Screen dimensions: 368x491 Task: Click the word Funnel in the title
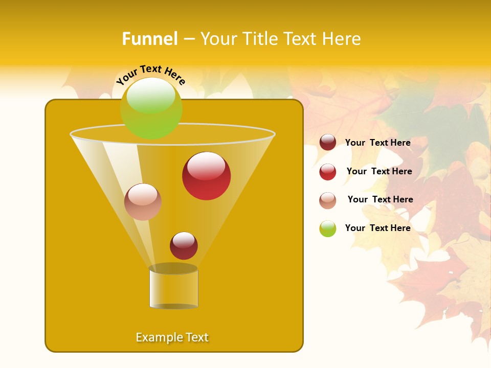(150, 39)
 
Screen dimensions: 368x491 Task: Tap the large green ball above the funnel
(151, 108)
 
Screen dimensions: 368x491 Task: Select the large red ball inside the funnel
(206, 176)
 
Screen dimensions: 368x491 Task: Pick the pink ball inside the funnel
(143, 202)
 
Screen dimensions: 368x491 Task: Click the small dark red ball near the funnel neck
(184, 245)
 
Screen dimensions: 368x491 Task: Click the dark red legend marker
(328, 143)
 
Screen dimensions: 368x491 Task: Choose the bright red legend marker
(328, 172)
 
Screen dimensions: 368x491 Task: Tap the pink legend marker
(328, 200)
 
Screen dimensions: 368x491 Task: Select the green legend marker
(328, 228)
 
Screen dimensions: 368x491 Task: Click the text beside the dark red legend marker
(377, 143)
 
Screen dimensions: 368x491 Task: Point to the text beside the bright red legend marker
(379, 171)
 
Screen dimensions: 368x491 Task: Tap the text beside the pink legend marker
(380, 199)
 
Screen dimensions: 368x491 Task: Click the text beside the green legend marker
(377, 228)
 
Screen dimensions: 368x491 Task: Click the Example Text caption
(172, 337)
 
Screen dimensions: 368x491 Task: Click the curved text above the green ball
(151, 74)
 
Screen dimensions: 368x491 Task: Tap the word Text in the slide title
(302, 39)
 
